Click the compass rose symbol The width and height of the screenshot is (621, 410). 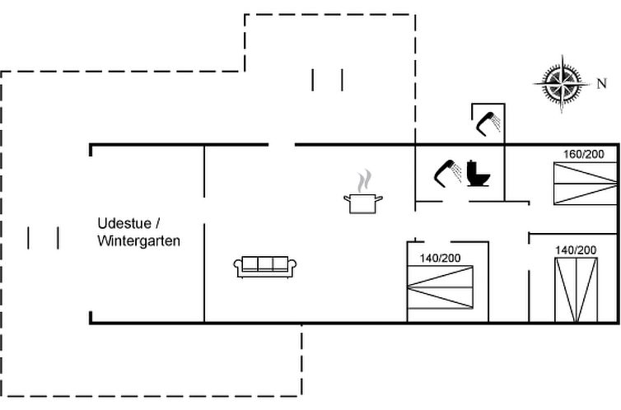tap(562, 84)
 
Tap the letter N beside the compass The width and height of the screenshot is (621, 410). tap(601, 83)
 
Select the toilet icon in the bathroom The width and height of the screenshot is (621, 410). tap(478, 174)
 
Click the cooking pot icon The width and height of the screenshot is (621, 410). tap(362, 203)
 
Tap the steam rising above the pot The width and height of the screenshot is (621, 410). tap(364, 181)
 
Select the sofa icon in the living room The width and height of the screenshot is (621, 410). tap(265, 267)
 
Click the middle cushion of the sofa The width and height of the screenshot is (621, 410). tap(265, 263)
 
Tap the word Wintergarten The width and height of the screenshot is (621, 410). tap(138, 240)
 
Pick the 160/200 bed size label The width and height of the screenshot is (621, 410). tap(584, 154)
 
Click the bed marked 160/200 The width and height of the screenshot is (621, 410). tap(586, 184)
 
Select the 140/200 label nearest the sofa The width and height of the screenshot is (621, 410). tap(440, 258)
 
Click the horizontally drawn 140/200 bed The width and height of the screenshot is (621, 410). tap(441, 287)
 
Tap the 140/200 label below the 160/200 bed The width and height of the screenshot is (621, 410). tap(576, 250)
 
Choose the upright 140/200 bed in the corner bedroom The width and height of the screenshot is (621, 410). tap(577, 290)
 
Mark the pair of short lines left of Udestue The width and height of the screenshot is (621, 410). tap(43, 238)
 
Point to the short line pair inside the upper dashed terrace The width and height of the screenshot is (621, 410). tap(327, 80)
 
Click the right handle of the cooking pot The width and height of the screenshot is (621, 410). tap(379, 198)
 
